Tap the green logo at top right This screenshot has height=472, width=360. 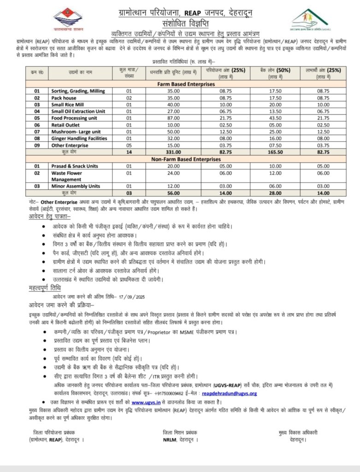pos(310,19)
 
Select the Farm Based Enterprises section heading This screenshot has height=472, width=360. pos(183,84)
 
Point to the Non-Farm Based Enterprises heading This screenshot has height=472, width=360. pos(183,159)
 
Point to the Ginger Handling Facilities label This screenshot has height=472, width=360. pos(79,138)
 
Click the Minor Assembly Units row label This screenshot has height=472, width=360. pos(76,186)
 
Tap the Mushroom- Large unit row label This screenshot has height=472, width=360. pos(76,131)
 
